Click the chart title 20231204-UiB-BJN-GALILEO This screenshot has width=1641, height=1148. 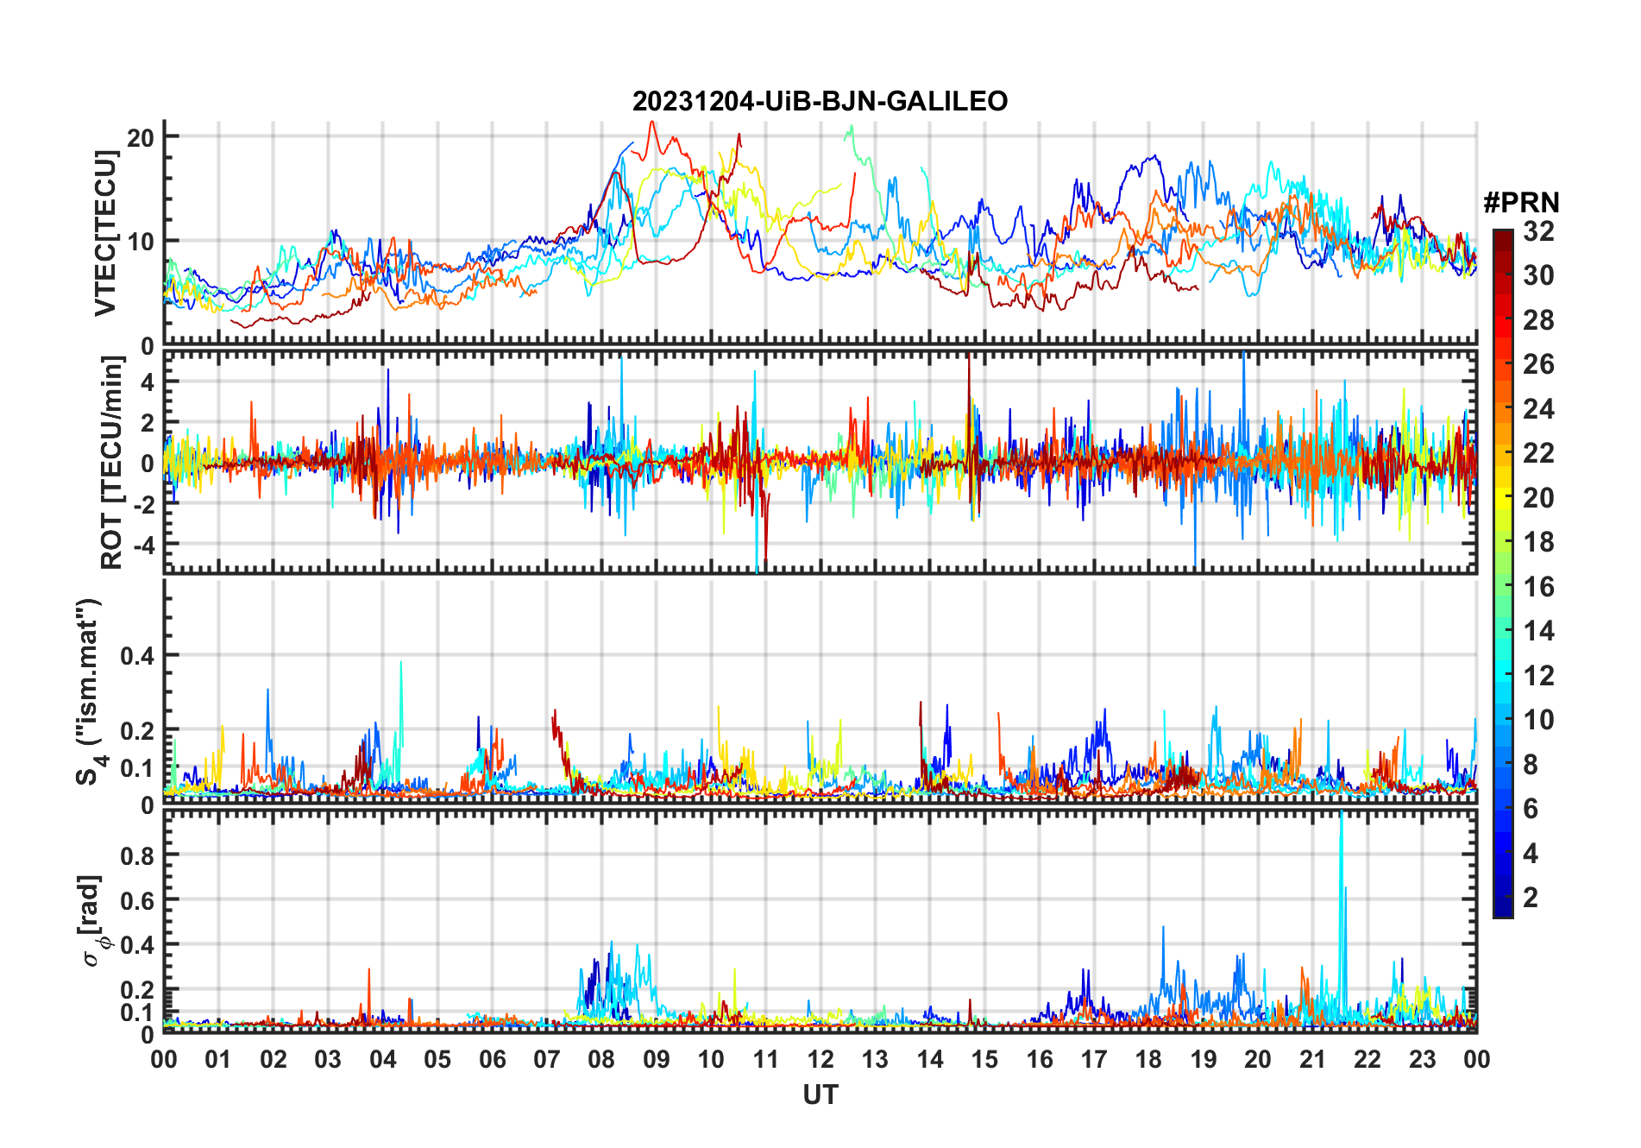820,102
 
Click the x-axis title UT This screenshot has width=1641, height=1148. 820,1095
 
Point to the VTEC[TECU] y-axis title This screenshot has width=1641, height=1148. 105,233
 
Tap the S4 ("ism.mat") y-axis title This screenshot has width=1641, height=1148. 90,691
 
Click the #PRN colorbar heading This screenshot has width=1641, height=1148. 1521,203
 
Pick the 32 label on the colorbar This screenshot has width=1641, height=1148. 1538,231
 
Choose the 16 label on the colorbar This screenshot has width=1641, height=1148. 1538,587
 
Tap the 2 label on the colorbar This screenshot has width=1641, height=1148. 1531,898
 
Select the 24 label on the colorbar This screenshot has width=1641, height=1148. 1538,409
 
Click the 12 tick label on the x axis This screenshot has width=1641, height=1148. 820,1060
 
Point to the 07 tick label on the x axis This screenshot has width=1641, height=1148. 547,1060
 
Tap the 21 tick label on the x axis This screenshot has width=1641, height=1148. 1312,1060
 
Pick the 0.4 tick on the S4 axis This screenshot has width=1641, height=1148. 137,656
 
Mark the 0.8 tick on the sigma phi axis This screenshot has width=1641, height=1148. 137,855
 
